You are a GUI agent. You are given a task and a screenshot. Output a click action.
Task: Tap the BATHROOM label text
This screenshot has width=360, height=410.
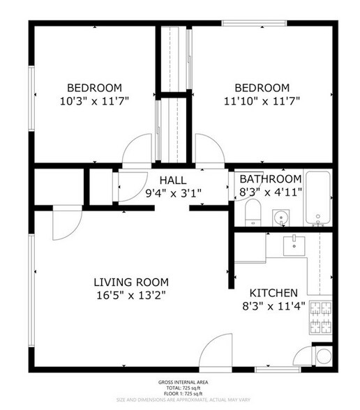(x=271, y=179)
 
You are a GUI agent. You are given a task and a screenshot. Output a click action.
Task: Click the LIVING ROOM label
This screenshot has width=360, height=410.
(x=131, y=282)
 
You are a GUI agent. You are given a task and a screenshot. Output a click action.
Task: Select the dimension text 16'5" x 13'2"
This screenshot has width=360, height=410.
(x=131, y=295)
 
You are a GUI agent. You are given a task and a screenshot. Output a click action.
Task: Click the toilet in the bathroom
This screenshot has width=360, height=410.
(x=253, y=211)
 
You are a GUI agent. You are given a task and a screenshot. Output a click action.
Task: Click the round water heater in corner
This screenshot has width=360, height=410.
(x=324, y=356)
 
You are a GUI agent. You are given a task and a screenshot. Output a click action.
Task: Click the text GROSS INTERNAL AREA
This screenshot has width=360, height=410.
(x=179, y=383)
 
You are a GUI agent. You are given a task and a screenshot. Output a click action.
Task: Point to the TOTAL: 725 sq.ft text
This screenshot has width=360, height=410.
(x=179, y=389)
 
